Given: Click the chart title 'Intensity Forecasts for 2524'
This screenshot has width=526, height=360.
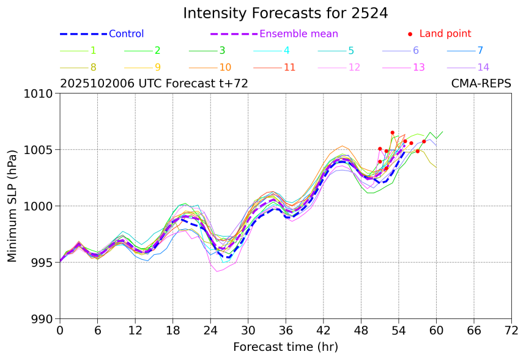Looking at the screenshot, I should coord(285,13).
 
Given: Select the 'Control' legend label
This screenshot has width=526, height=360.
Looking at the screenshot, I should coord(126,34).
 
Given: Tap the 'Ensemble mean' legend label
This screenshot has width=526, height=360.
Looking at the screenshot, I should coord(298,34).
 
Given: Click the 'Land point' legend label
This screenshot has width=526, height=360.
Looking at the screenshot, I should coord(445,34).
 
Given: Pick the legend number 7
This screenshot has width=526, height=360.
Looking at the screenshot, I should coord(480,51).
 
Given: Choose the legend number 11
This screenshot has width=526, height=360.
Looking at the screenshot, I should coord(290,67).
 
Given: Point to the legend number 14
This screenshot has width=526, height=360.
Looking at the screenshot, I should coord(484,67).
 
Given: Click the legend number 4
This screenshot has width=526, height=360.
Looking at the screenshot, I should coord(286,51).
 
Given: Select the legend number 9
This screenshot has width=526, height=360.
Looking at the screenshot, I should coord(157,67).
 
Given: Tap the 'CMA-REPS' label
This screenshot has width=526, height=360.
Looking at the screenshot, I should coord(481,84).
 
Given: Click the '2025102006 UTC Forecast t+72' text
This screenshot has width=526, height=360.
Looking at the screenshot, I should coord(154,84).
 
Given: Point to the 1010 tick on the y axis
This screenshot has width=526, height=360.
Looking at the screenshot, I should coord(41,94).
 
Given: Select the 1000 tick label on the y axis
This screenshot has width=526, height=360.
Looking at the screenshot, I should coord(41,207).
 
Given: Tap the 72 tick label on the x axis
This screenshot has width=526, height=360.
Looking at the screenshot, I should coord(512,331).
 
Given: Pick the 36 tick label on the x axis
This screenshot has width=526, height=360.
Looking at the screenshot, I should coord(286,331).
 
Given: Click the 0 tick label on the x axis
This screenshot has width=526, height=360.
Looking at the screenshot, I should coord(60,331).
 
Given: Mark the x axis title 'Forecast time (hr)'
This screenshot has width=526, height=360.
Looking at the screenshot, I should coord(285,347).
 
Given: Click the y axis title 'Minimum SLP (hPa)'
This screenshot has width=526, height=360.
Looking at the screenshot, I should coord(13,206).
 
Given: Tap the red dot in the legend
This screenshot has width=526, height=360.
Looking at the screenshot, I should coord(410,34).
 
